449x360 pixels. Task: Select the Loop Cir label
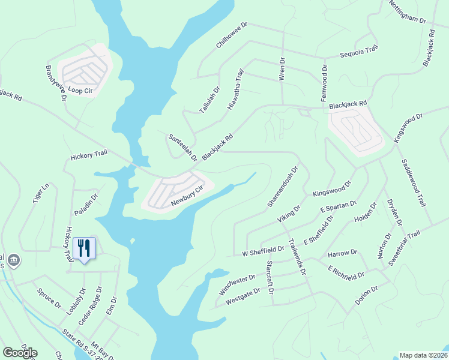pos(80,91)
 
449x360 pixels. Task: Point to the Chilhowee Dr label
pos(232,37)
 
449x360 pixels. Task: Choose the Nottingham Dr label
pos(408,12)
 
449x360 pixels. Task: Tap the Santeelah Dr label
pos(183,147)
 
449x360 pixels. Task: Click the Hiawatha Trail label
pos(236,89)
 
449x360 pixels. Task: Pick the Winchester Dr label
pos(237,285)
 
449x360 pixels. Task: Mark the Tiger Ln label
pos(40,196)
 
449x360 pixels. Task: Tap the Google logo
pos(20,352)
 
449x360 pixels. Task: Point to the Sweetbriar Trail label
pos(405,245)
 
